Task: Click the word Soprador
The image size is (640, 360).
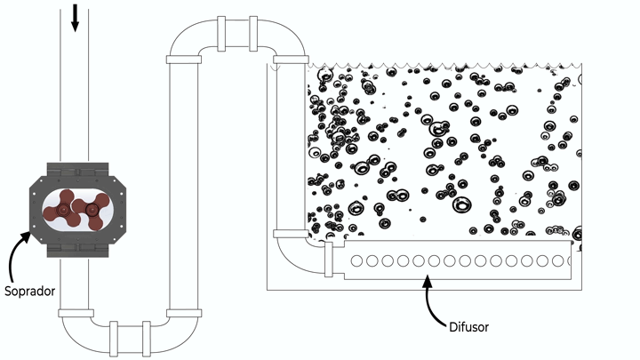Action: point(32,290)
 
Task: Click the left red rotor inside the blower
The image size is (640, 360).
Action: point(64,210)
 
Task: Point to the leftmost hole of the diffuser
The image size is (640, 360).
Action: point(357,261)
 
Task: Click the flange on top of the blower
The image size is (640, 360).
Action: point(75,166)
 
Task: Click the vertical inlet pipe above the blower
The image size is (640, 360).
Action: point(75,98)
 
